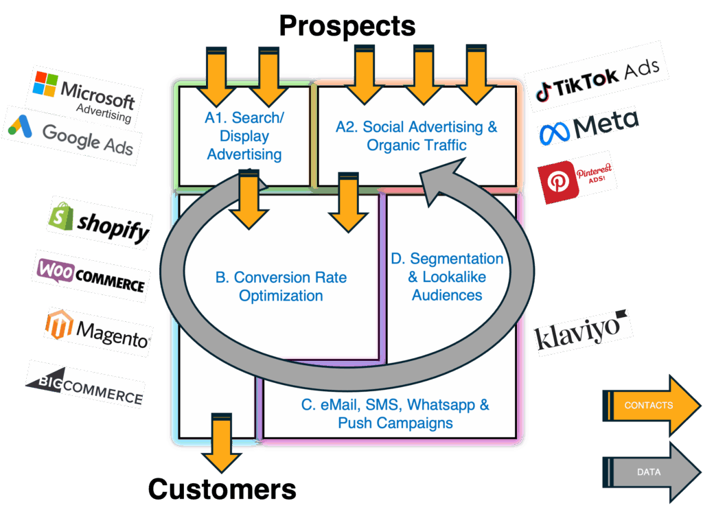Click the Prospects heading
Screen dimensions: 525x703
tap(347, 26)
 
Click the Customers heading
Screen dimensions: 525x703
tap(222, 489)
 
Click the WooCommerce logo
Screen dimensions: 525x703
tap(91, 276)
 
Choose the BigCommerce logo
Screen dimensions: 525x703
tap(85, 385)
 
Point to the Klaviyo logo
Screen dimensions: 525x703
tap(582, 332)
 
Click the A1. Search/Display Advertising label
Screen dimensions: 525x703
tap(244, 136)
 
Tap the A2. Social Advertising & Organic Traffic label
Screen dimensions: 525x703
tap(416, 136)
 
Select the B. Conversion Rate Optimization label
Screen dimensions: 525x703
tap(281, 287)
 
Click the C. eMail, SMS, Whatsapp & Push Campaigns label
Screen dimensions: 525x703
tap(395, 413)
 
